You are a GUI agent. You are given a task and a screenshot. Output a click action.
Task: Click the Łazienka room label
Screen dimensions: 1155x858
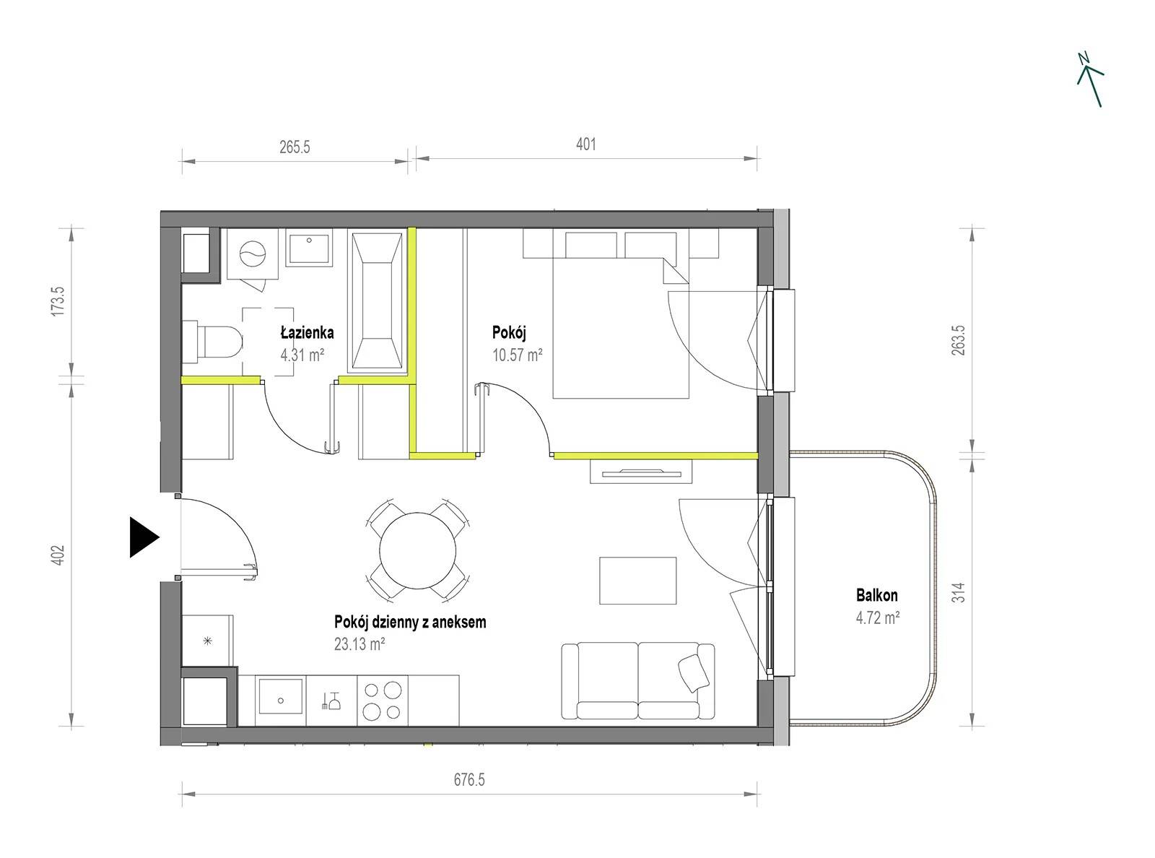point(307,332)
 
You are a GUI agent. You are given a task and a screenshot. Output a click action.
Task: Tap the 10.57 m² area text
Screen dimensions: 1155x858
point(517,355)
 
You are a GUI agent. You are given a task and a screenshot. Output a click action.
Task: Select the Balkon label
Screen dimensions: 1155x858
point(877,595)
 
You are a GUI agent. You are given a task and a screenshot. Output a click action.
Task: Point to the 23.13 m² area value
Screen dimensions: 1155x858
point(359,644)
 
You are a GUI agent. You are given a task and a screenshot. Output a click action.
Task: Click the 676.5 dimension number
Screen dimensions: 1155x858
point(469,780)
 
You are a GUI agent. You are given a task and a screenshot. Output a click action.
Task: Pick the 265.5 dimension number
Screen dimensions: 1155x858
point(295,147)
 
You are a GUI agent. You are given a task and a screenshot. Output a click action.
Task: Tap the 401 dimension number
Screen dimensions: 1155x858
point(586,144)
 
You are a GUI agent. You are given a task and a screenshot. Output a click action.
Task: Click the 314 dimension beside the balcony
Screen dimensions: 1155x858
point(959,593)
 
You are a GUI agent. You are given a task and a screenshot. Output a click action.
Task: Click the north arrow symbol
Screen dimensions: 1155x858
point(1090,79)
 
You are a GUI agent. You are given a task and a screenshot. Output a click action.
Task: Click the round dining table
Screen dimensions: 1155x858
point(418,550)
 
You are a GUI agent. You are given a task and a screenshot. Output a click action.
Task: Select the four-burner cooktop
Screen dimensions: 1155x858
point(382,700)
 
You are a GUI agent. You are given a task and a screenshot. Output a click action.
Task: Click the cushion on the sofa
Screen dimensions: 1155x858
point(694,674)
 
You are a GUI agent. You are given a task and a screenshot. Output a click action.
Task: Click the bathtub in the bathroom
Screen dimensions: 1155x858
point(378,302)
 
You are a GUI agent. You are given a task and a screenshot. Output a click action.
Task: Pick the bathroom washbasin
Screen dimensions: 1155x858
point(309,249)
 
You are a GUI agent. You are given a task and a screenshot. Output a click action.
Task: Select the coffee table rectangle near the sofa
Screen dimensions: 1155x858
point(638,581)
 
